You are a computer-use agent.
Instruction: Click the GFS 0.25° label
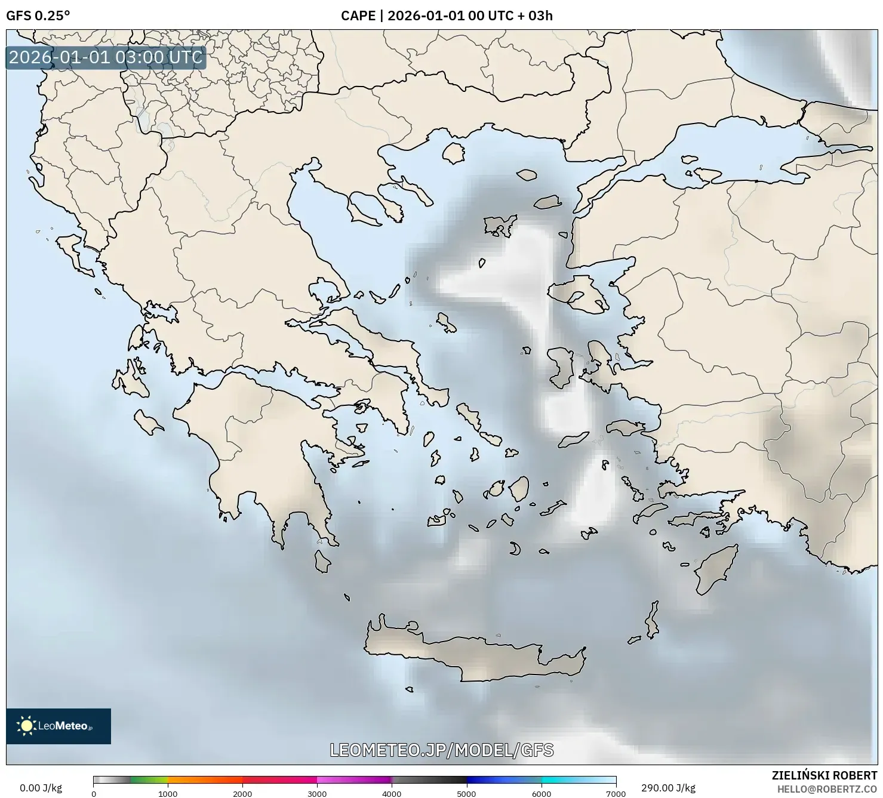tap(38, 16)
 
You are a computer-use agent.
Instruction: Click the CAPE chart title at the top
tap(447, 16)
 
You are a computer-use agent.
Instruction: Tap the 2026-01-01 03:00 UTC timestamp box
tap(106, 57)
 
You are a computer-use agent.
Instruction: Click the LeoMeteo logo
tap(59, 726)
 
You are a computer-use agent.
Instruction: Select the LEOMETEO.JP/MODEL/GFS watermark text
tap(442, 750)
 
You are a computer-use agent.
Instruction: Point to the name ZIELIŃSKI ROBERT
tap(824, 776)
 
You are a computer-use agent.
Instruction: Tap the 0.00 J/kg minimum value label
tap(41, 788)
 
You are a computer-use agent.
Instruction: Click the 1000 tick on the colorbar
tap(168, 794)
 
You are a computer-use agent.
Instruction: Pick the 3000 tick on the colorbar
tap(317, 794)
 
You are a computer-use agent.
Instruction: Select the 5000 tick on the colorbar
tap(466, 794)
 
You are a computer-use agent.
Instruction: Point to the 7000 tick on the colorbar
tap(616, 794)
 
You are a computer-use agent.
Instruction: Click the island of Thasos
tap(454, 153)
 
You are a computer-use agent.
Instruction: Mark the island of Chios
tap(559, 367)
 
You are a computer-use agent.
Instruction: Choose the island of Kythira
tap(322, 561)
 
